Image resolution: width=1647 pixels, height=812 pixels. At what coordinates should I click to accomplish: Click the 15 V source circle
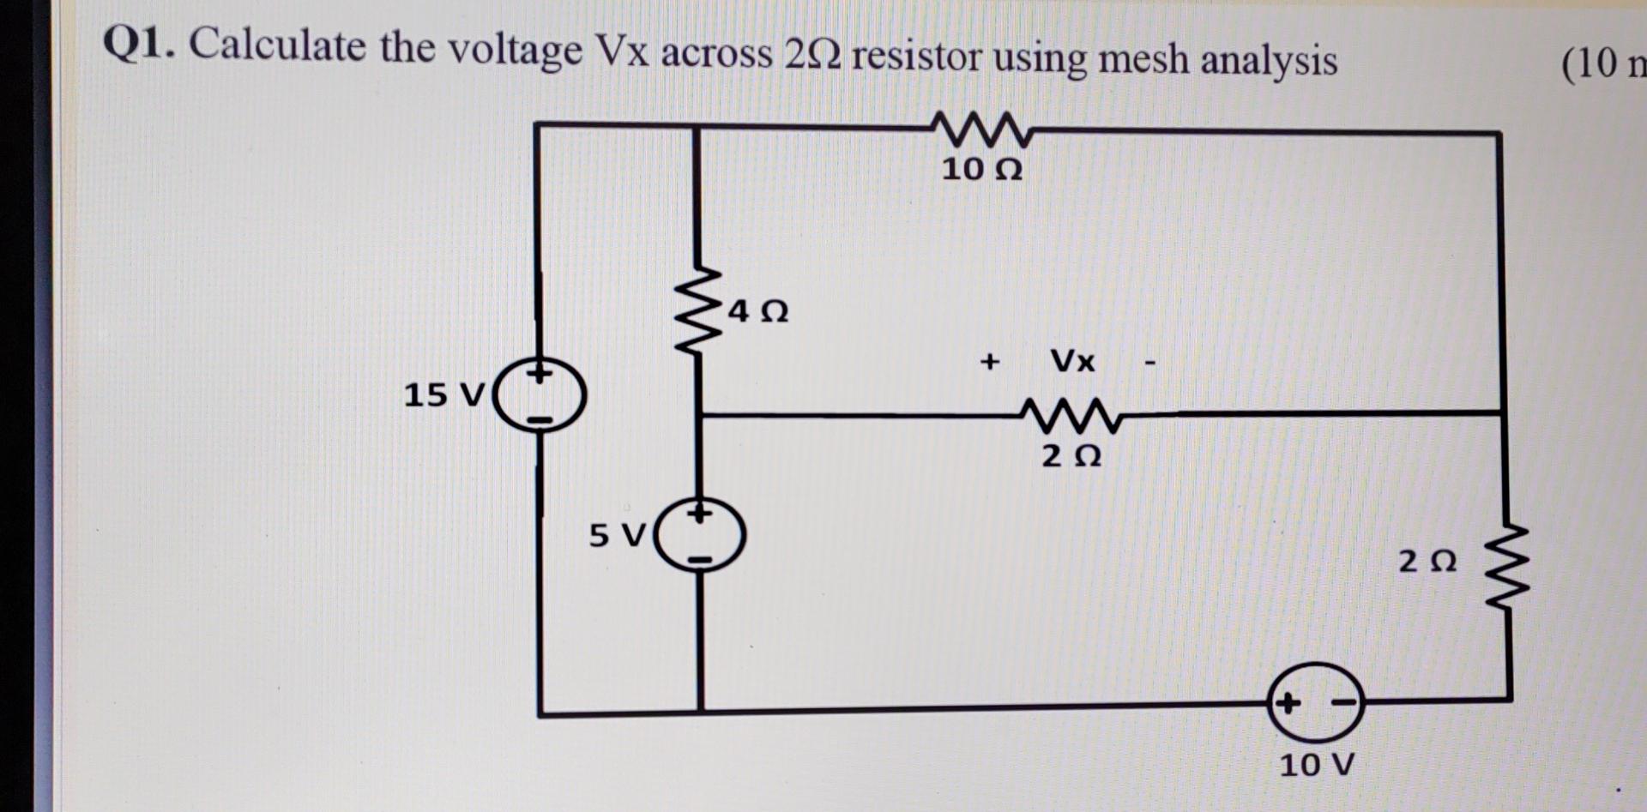[540, 396]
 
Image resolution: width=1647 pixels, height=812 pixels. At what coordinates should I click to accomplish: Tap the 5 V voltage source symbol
[700, 536]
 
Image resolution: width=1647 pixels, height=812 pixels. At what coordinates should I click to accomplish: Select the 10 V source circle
[1315, 702]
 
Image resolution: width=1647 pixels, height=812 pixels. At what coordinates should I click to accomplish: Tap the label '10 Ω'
[981, 170]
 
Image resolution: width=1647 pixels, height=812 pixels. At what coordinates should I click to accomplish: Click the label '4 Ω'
[757, 310]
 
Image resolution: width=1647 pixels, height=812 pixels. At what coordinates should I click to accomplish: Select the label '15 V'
[443, 395]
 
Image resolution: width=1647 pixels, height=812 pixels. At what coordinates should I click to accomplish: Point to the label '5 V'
[616, 536]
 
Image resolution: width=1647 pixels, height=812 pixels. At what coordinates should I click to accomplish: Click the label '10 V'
[1316, 764]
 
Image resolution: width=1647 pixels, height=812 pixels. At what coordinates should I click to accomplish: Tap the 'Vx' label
[1072, 361]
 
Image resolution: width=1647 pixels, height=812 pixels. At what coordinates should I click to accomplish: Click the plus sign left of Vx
[990, 361]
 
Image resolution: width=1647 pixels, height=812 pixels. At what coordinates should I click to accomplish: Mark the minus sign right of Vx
[1149, 364]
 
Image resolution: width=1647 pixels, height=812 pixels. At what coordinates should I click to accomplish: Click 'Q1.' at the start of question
[139, 44]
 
